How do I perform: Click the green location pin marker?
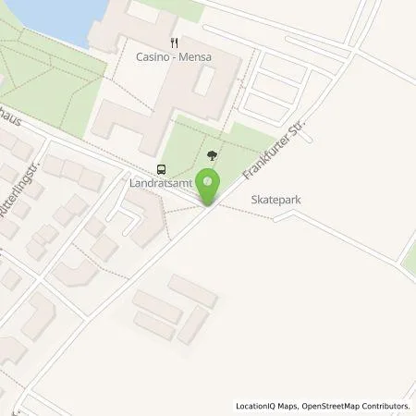click(x=209, y=187)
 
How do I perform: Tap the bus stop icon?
click(x=162, y=169)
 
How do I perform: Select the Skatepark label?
click(x=275, y=199)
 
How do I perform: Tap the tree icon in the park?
click(x=214, y=156)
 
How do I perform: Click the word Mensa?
click(x=195, y=57)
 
